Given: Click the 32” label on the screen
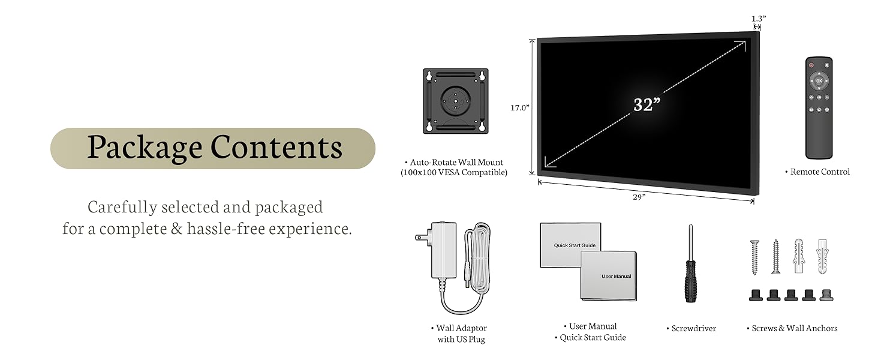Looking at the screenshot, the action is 647,104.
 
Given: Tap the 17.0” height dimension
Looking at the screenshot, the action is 520,107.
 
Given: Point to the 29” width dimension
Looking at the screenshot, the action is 639,197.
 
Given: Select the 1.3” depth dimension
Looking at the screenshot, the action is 759,19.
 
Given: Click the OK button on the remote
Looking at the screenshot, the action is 819,81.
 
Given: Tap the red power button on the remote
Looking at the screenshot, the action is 811,65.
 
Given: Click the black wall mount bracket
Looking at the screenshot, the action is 455,101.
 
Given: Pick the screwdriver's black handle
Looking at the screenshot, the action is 690,281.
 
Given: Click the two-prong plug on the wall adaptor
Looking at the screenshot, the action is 422,237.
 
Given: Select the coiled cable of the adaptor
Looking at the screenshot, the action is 477,258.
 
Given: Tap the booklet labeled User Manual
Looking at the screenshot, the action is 608,276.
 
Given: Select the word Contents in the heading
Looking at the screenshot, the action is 276,147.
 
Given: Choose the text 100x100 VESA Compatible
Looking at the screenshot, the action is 454,173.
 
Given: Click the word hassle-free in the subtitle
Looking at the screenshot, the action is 225,228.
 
